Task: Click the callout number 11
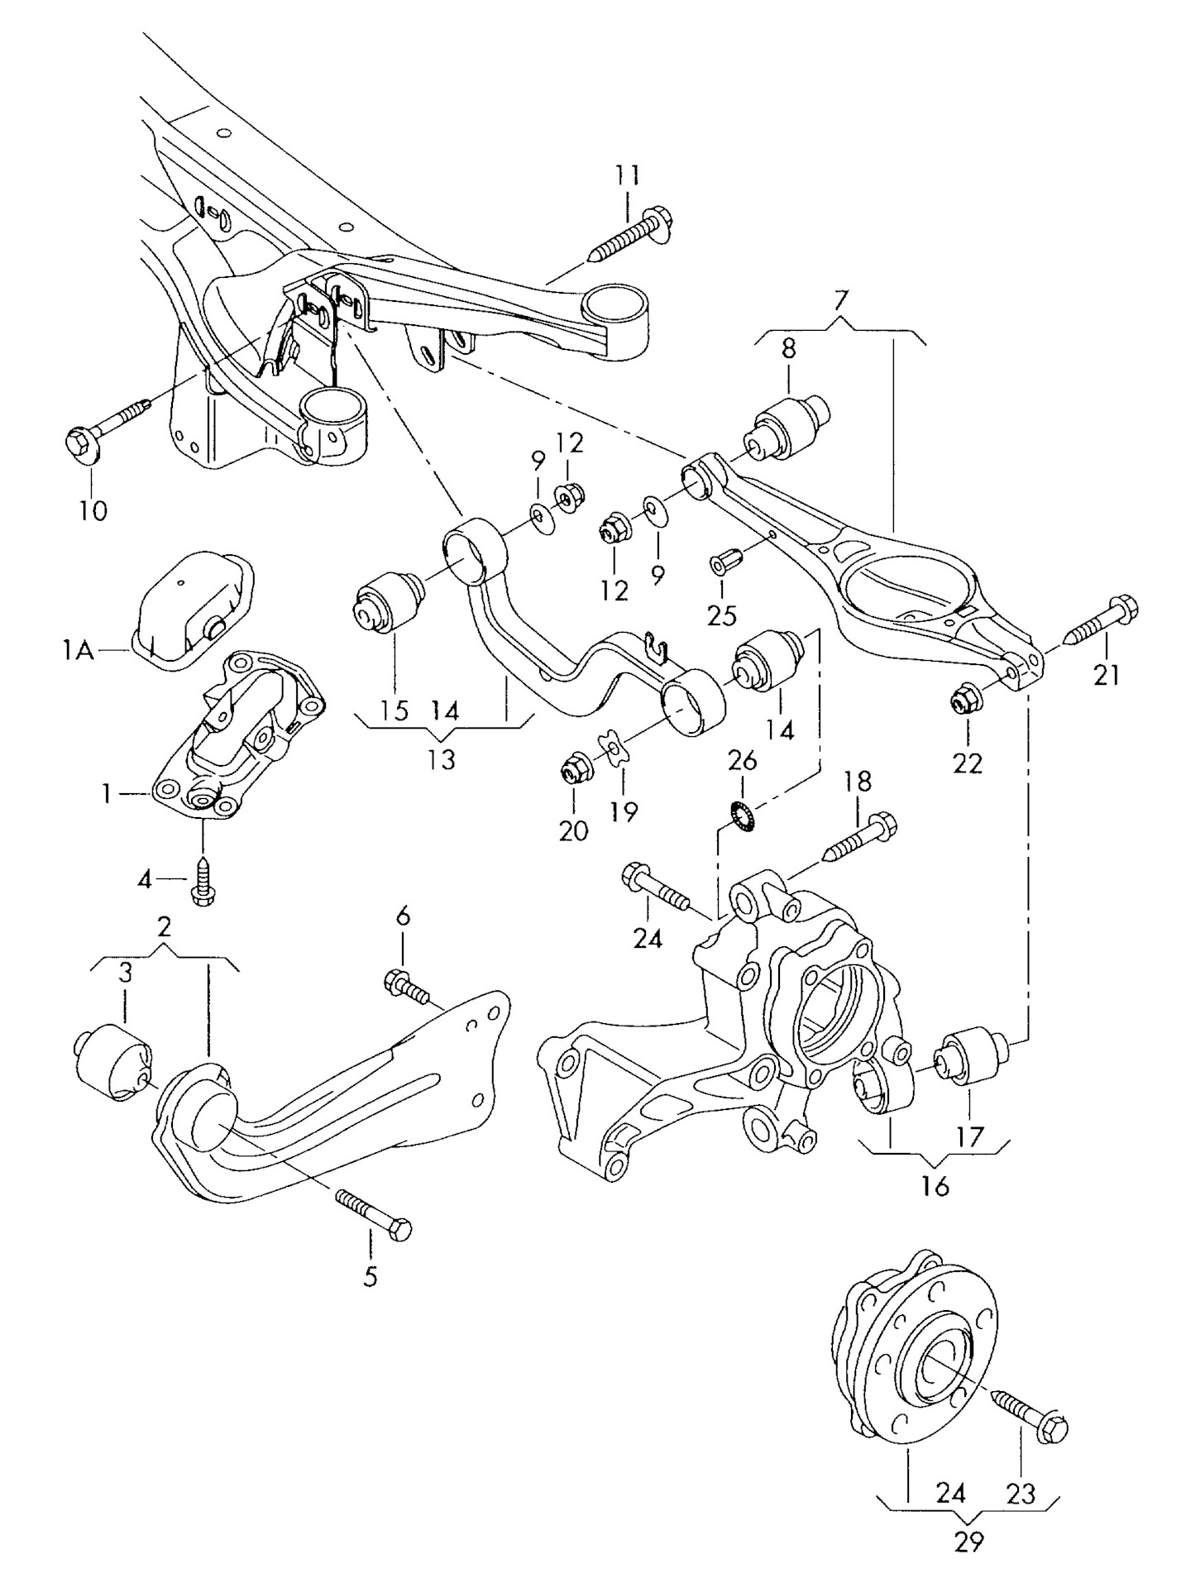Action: pyautogui.click(x=627, y=175)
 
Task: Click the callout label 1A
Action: pyautogui.click(x=77, y=652)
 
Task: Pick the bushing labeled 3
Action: pyautogui.click(x=112, y=1063)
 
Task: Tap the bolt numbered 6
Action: pyautogui.click(x=407, y=984)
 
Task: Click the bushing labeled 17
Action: pyautogui.click(x=968, y=1054)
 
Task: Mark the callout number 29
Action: pyautogui.click(x=968, y=1542)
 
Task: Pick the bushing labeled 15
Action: pyautogui.click(x=389, y=602)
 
